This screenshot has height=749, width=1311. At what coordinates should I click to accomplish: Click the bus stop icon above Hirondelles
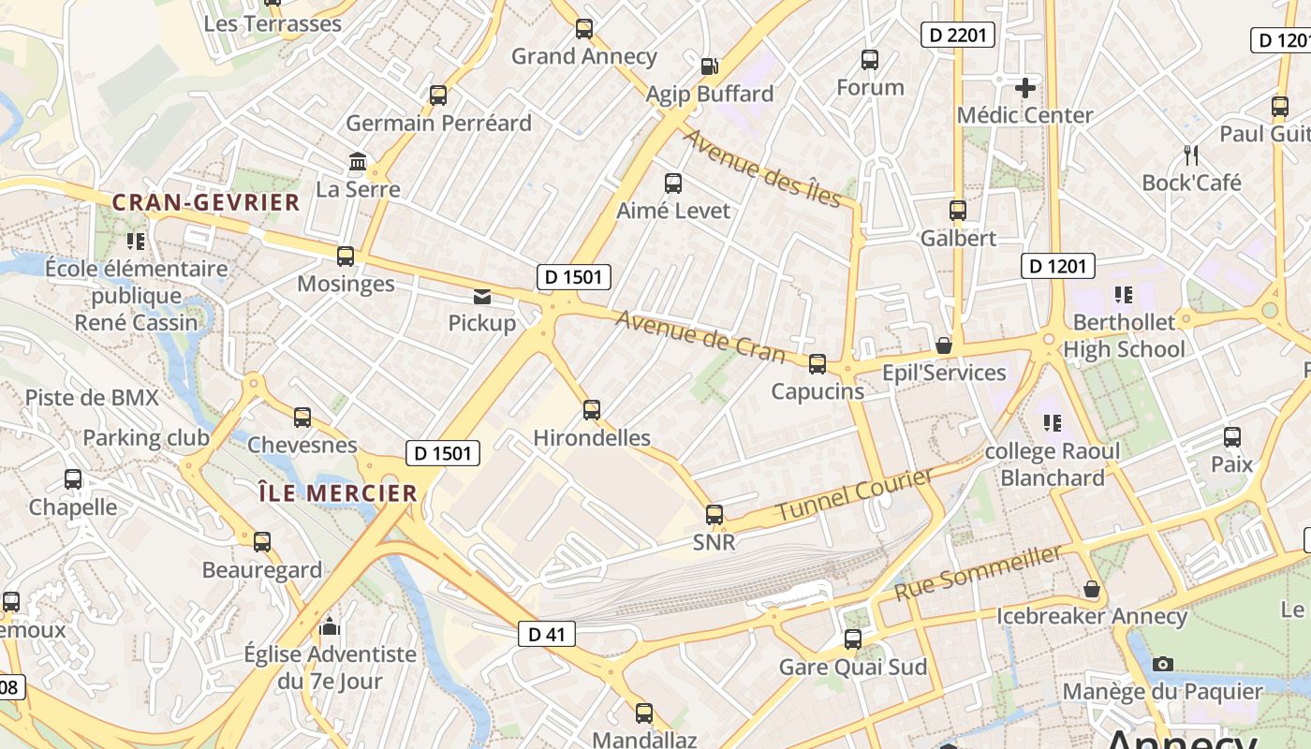pyautogui.click(x=592, y=409)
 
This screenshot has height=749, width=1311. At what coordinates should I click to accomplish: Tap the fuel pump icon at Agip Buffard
pyautogui.click(x=710, y=66)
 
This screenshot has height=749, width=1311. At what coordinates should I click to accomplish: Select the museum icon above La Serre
pyautogui.click(x=358, y=162)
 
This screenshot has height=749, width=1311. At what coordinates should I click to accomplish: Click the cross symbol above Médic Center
pyautogui.click(x=1025, y=88)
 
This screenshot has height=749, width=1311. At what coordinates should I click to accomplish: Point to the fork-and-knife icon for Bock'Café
pyautogui.click(x=1191, y=154)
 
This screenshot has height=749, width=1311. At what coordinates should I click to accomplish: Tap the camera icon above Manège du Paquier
pyautogui.click(x=1163, y=664)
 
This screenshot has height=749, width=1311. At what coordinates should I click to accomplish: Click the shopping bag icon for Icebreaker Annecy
pyautogui.click(x=1092, y=589)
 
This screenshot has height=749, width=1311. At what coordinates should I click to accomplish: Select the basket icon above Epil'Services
pyautogui.click(x=944, y=345)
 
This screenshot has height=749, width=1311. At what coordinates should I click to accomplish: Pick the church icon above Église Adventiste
pyautogui.click(x=330, y=625)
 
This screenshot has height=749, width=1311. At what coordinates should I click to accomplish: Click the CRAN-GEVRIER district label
pyautogui.click(x=206, y=202)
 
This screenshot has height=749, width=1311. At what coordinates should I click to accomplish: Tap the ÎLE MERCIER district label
pyautogui.click(x=337, y=493)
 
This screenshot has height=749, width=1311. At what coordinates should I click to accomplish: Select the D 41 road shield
pyautogui.click(x=547, y=635)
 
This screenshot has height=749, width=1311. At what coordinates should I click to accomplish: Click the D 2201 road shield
pyautogui.click(x=957, y=36)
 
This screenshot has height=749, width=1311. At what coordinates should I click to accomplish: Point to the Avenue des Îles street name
pyautogui.click(x=762, y=168)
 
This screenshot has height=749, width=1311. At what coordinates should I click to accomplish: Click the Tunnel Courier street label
pyautogui.click(x=855, y=495)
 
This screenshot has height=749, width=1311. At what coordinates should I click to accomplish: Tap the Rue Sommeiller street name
pyautogui.click(x=979, y=572)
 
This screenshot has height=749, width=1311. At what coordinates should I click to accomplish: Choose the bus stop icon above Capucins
pyautogui.click(x=818, y=363)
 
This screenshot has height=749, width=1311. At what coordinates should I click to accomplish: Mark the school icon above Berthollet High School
pyautogui.click(x=1124, y=295)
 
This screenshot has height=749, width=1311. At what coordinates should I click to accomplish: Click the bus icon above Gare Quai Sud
pyautogui.click(x=853, y=639)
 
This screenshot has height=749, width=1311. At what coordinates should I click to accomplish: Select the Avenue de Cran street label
pyautogui.click(x=700, y=335)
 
